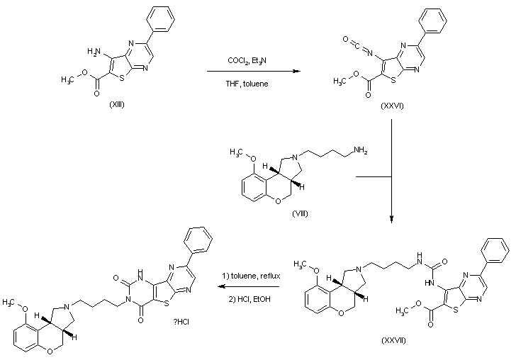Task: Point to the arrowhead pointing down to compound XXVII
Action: (392, 219)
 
